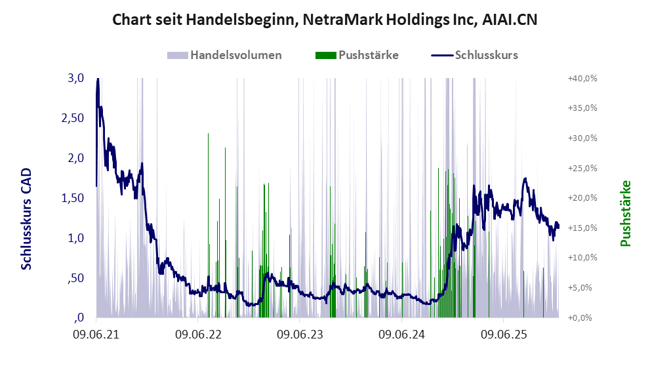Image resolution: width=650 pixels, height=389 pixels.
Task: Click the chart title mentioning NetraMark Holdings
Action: pos(325,20)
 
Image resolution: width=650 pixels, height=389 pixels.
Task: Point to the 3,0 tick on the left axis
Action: pos(75,78)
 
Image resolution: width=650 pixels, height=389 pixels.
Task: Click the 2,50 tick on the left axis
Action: pos(72,118)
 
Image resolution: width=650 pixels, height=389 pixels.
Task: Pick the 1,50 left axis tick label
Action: pos(72,198)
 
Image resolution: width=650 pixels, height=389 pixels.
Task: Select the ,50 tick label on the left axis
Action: pos(75,278)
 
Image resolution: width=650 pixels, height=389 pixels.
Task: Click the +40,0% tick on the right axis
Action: pos(582,78)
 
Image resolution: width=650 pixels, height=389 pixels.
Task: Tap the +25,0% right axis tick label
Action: pos(582,168)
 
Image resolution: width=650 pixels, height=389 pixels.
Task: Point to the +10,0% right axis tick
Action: pos(582,258)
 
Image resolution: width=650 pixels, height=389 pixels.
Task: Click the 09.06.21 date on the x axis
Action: pos(96,335)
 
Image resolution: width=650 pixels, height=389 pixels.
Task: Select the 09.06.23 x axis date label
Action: pos(300,335)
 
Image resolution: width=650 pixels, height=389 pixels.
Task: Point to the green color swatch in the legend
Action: pos(326,55)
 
